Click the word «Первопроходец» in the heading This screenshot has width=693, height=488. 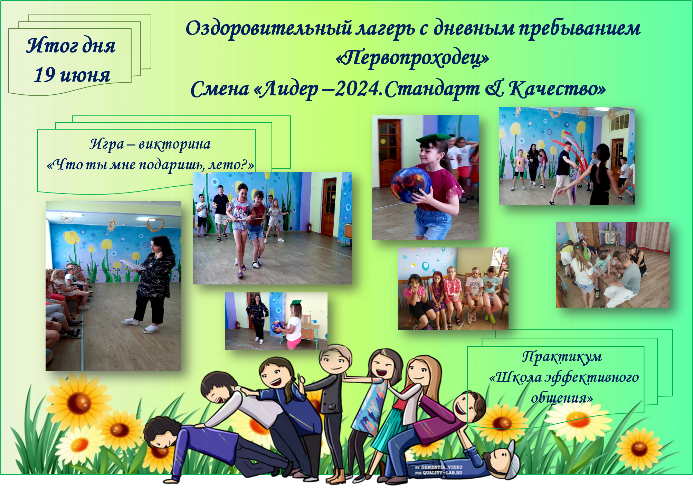pos(412,58)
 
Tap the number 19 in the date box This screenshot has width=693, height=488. pos(45,75)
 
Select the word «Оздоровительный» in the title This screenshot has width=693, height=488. pos(269,29)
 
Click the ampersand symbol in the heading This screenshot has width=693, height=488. pos(494,89)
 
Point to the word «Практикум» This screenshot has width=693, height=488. pos(562,357)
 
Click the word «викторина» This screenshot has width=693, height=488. pos(174,144)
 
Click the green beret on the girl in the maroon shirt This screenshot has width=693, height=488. pos(434,138)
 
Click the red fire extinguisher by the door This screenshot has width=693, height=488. pos(309,227)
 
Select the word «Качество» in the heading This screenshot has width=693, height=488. pos(557,89)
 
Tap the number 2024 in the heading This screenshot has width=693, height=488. pos(358,89)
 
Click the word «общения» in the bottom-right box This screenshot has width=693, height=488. pos(562,398)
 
